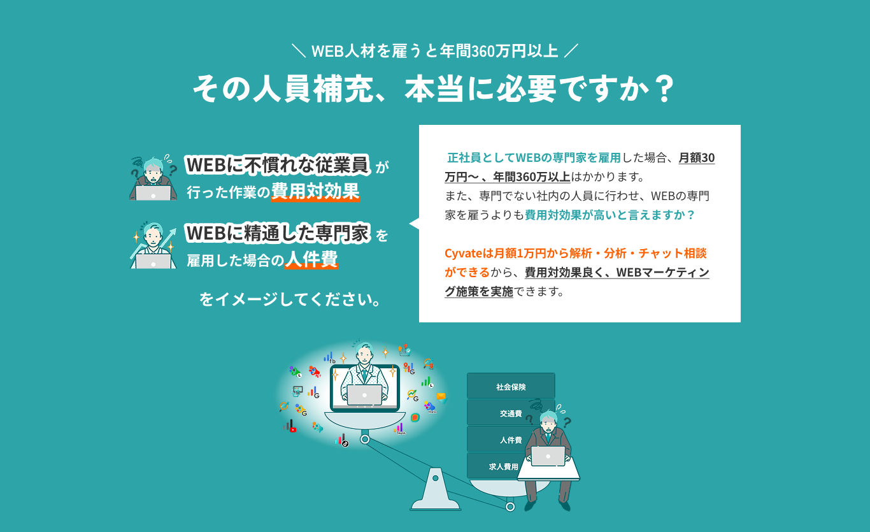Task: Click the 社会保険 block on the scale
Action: tap(511, 386)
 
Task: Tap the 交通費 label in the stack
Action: tap(511, 413)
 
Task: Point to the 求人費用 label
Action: tap(503, 466)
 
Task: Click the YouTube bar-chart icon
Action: tap(290, 426)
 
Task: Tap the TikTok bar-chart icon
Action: tap(342, 440)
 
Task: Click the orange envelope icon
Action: tap(441, 397)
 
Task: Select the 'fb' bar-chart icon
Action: tap(330, 357)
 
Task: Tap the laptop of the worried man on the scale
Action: tap(548, 456)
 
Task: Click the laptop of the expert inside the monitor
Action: tap(364, 395)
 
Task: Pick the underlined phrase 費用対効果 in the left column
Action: tap(315, 191)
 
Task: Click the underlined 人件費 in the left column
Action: tap(311, 259)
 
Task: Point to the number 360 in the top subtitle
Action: tap(483, 52)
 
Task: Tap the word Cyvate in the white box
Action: tap(463, 254)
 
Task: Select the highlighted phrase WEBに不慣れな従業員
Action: tap(278, 165)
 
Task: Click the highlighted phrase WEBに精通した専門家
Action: tap(278, 233)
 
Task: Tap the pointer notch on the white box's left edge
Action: tap(414, 224)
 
